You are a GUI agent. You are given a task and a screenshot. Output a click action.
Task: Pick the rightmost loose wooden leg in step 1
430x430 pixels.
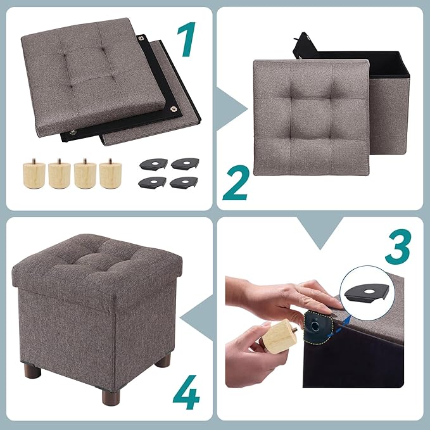[x=109, y=172]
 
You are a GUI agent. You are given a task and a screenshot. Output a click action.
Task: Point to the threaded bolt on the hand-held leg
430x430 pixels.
[x=296, y=327]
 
